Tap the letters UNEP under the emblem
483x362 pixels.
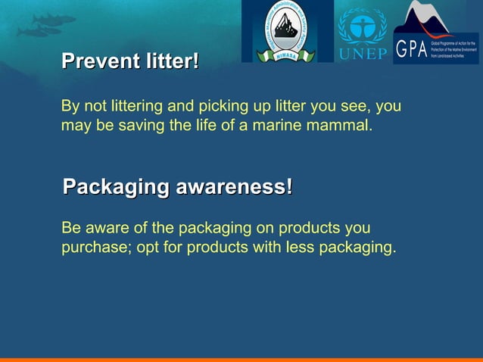(x=362, y=53)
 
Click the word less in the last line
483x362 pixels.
(x=300, y=248)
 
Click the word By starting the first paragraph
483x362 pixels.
(x=70, y=106)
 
